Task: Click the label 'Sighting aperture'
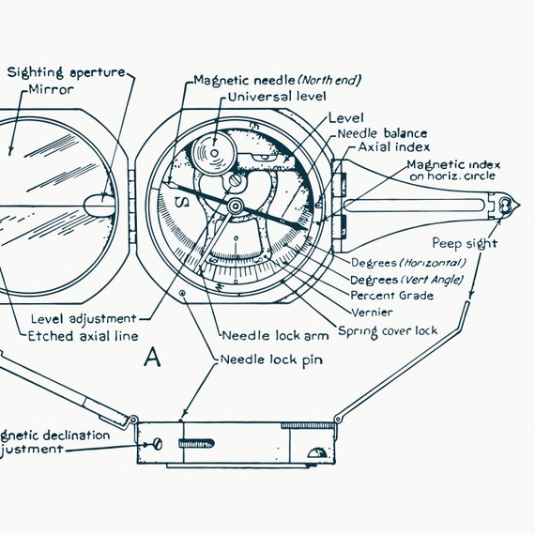pyautogui.click(x=65, y=72)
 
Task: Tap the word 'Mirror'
pyautogui.click(x=52, y=90)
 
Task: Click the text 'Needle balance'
pyautogui.click(x=382, y=133)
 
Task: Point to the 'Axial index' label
pyautogui.click(x=393, y=147)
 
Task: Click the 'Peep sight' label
pyautogui.click(x=465, y=243)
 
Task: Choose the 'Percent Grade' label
pyautogui.click(x=391, y=295)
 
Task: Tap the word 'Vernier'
pyautogui.click(x=372, y=312)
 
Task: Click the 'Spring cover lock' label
pyautogui.click(x=387, y=330)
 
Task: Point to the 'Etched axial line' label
pyautogui.click(x=83, y=335)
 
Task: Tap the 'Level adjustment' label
pyautogui.click(x=84, y=318)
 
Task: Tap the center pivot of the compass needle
pyautogui.click(x=234, y=206)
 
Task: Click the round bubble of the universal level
pyautogui.click(x=209, y=150)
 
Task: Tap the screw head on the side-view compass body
pyautogui.click(x=158, y=442)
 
